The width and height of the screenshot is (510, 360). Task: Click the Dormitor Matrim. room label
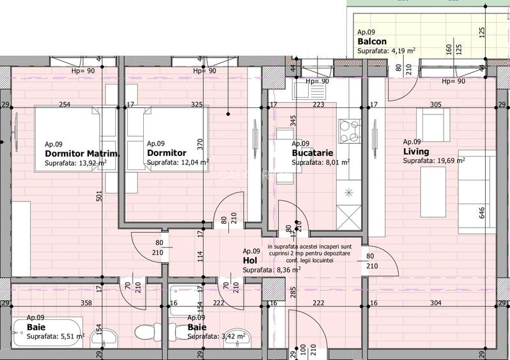(x=82, y=153)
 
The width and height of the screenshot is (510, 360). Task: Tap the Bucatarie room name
(x=309, y=153)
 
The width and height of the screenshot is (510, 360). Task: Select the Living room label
(x=415, y=152)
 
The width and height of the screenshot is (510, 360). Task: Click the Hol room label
(x=250, y=261)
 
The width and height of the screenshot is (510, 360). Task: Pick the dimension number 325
(x=197, y=104)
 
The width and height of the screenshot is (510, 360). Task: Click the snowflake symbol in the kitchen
(x=349, y=192)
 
